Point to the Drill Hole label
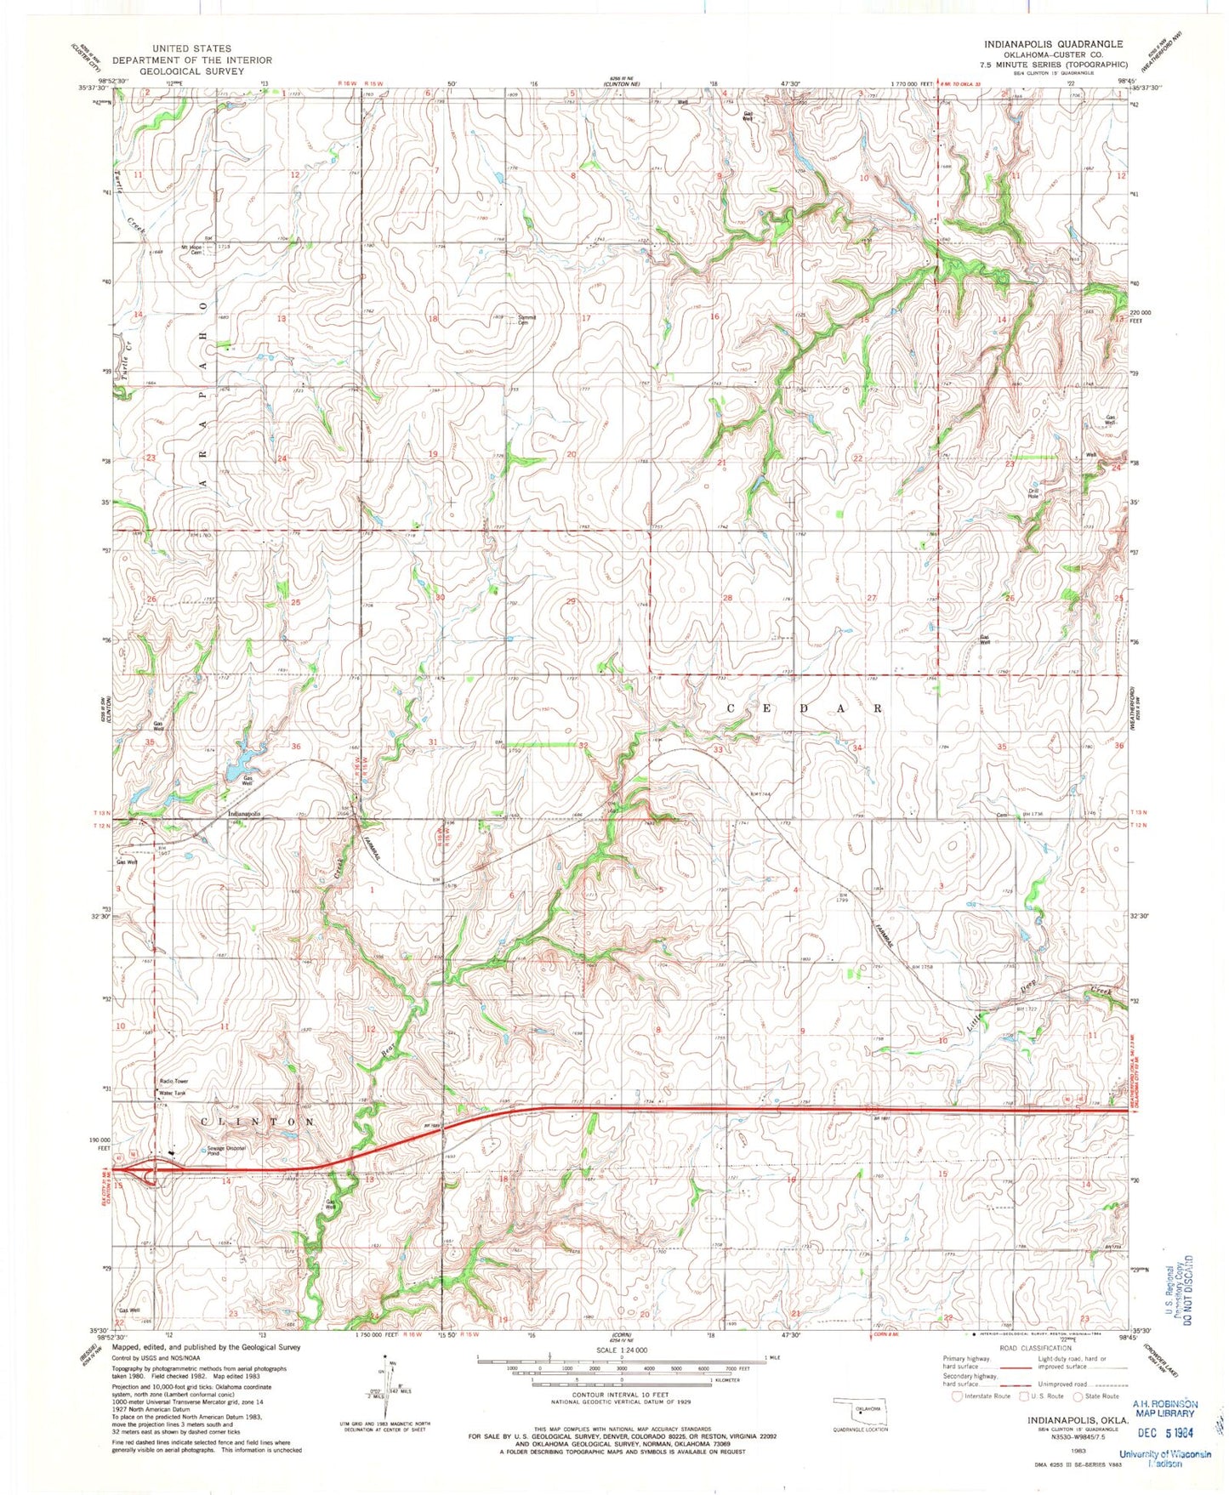click(1033, 493)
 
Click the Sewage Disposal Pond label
click(225, 1151)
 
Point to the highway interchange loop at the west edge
click(152, 1175)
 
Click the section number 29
click(572, 601)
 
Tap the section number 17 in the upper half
click(585, 318)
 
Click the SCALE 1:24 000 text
click(621, 1350)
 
